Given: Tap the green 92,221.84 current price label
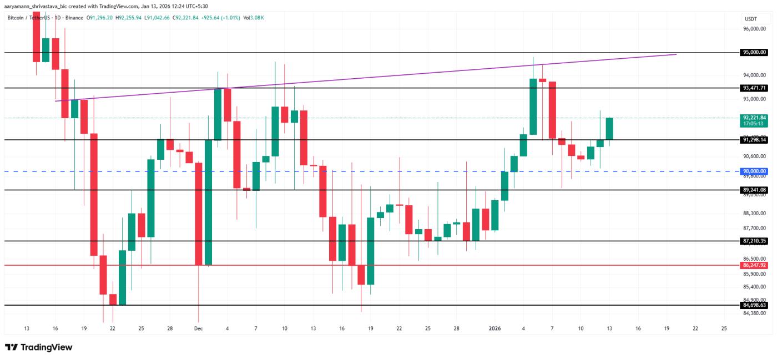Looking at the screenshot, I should (x=754, y=118).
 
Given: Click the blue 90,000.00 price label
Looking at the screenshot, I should (x=755, y=171).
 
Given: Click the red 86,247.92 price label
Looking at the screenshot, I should (x=755, y=265).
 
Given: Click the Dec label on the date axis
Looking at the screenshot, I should (x=198, y=328).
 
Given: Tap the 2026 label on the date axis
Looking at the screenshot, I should (x=495, y=328).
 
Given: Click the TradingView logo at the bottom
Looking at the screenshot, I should (x=39, y=347).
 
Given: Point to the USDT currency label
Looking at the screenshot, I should (x=750, y=18).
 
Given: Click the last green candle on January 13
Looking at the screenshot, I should (x=609, y=129).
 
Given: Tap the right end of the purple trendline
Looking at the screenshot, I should (x=676, y=54).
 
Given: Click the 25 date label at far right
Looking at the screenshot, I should (x=724, y=328).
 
